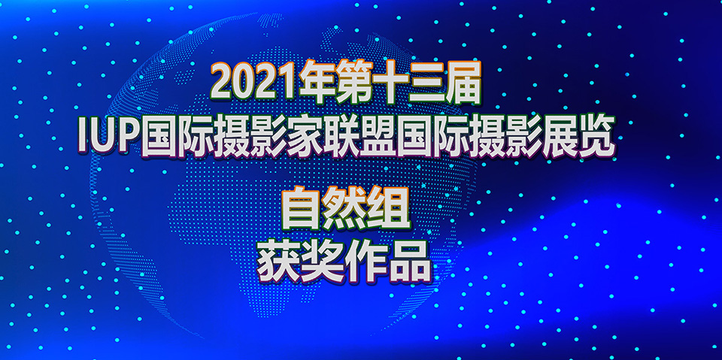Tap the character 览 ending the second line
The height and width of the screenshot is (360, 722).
tap(596, 135)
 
